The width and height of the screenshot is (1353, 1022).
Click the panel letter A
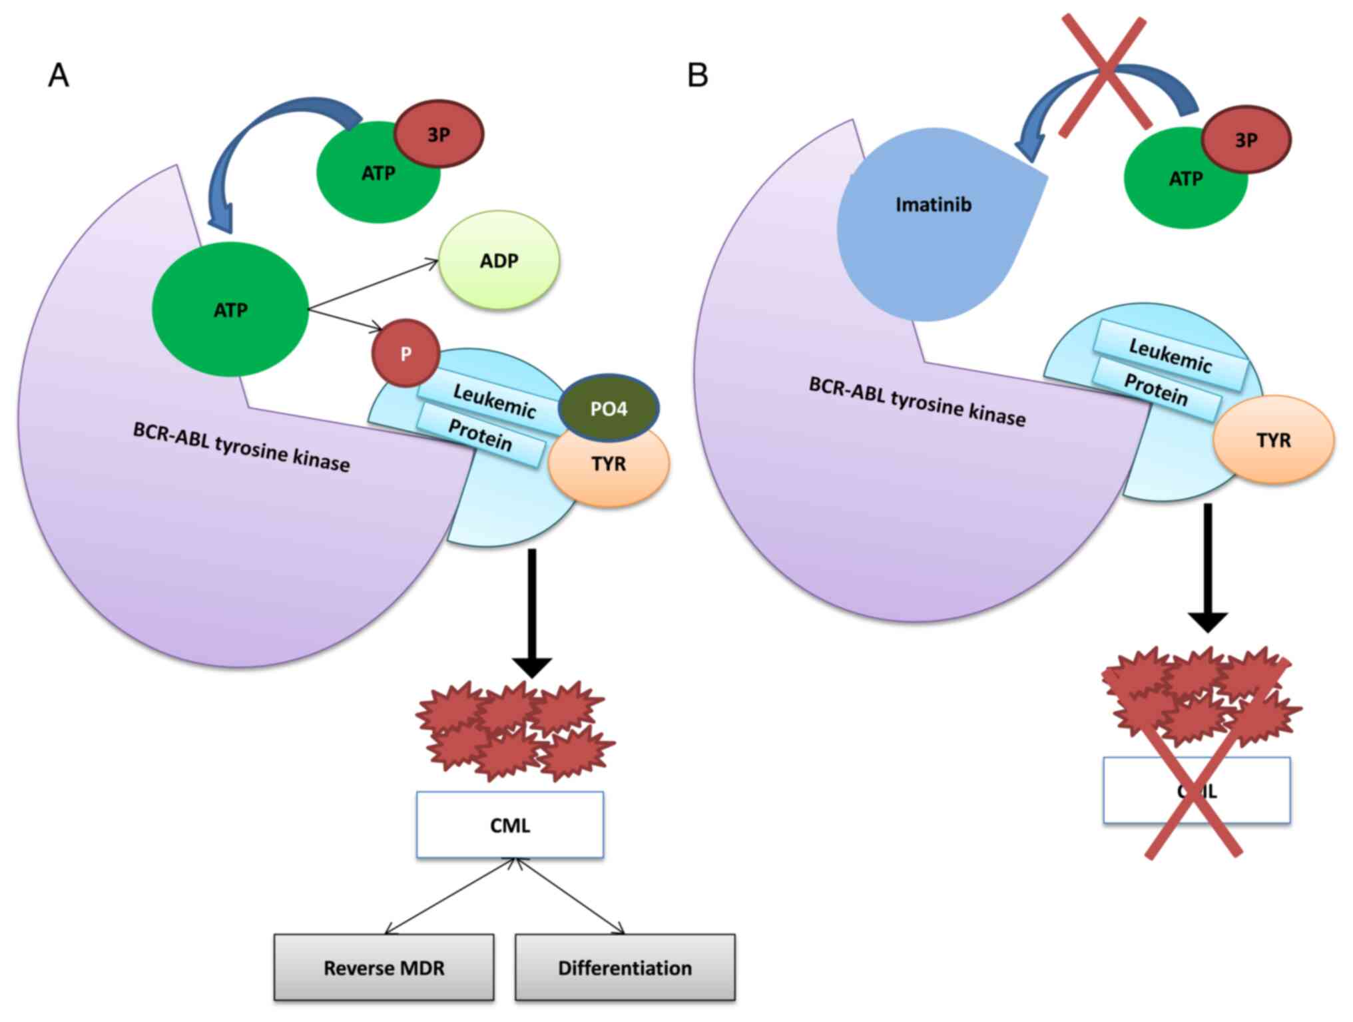[59, 75]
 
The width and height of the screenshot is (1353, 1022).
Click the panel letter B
[697, 75]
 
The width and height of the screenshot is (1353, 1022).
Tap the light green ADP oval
[499, 260]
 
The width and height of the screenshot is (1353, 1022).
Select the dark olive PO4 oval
[609, 408]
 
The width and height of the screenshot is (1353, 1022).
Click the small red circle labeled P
[406, 354]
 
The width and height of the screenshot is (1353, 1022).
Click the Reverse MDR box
[384, 967]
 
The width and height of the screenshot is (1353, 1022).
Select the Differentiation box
[625, 967]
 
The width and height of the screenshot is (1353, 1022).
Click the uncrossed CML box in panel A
[510, 825]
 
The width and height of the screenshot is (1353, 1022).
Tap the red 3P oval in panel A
[438, 134]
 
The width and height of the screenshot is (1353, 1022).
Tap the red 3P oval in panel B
[1246, 140]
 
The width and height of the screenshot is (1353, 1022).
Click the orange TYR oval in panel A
[609, 464]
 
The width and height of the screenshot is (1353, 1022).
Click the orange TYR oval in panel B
[1273, 440]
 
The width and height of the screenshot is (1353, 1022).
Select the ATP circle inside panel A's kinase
[230, 310]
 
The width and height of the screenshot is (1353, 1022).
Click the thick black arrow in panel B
[1207, 566]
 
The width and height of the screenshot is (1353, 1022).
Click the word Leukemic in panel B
[1170, 354]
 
